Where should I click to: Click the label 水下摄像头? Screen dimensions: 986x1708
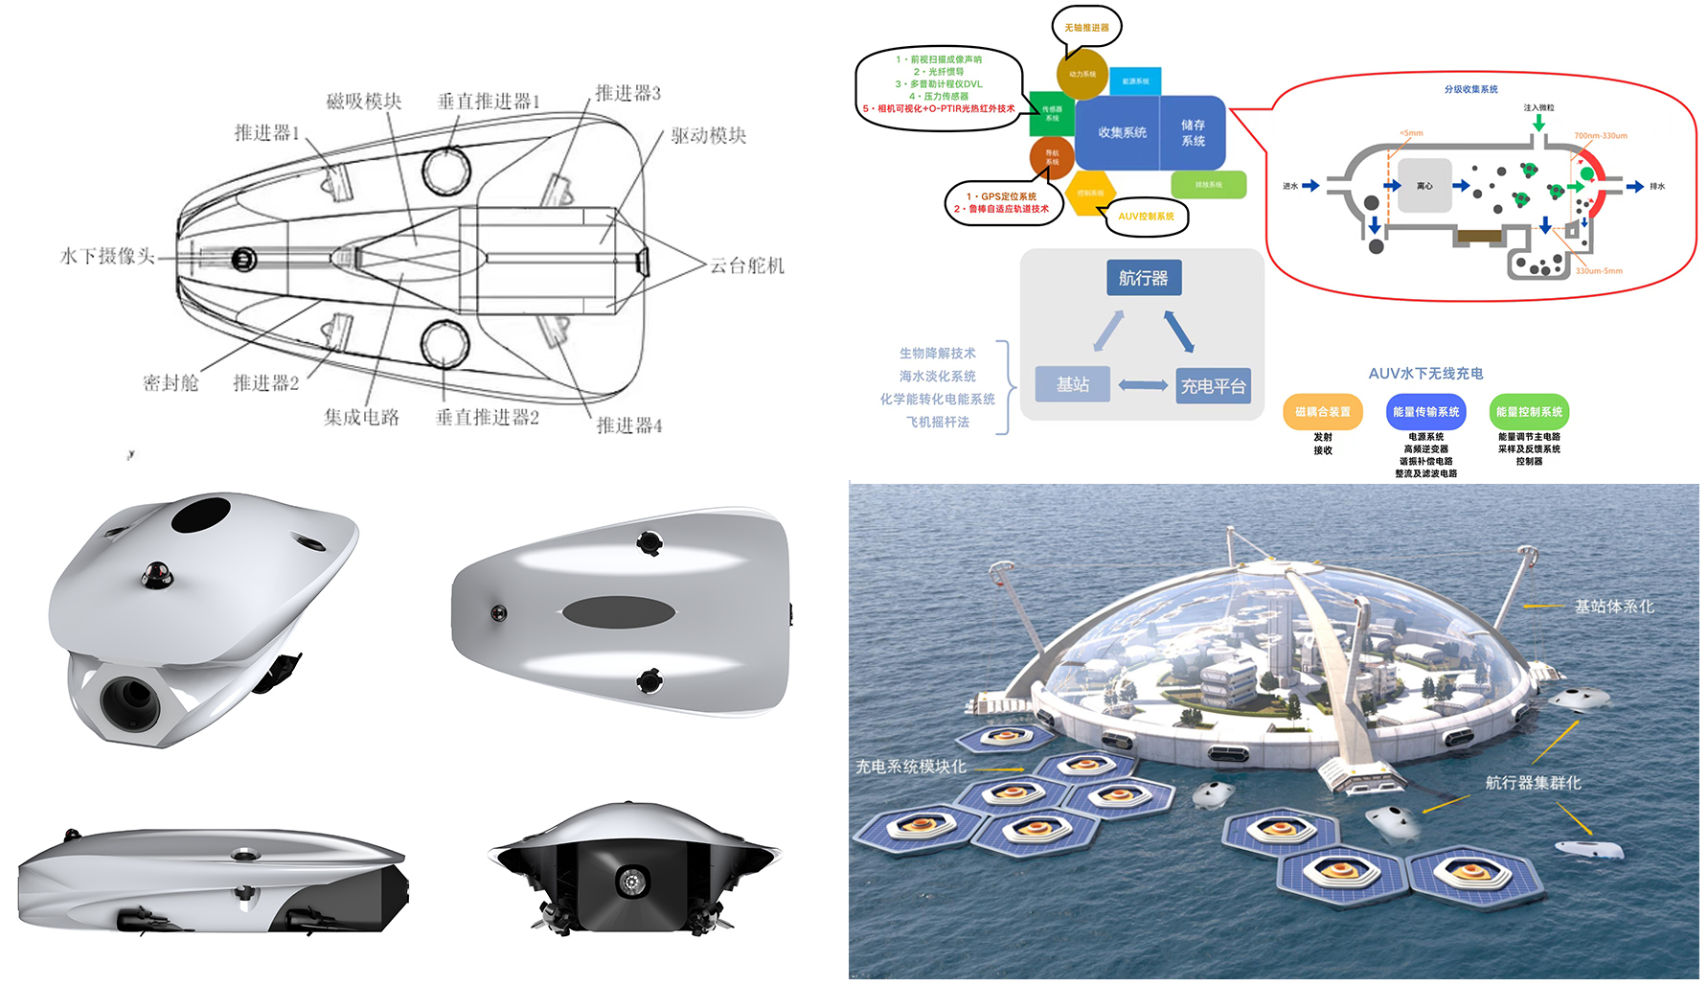click(107, 256)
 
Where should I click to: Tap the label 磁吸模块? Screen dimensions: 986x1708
click(363, 101)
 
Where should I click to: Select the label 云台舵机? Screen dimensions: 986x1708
click(747, 265)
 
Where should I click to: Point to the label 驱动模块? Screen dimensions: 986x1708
click(708, 135)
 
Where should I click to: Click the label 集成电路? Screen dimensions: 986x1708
click(361, 417)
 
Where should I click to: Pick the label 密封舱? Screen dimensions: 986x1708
click(171, 383)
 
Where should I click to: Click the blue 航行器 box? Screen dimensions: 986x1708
click(1143, 278)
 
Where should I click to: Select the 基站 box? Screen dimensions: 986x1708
click(1072, 384)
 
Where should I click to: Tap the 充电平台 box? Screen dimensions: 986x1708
click(1213, 386)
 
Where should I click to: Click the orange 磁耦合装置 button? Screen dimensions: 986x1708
click(1322, 412)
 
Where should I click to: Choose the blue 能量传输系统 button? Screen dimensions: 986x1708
click(1425, 412)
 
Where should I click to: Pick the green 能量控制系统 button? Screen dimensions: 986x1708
click(1529, 412)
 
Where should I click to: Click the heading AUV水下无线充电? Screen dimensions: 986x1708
click(1425, 374)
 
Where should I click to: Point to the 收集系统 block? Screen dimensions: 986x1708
click(1122, 132)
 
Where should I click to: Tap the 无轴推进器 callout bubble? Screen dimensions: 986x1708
click(1086, 28)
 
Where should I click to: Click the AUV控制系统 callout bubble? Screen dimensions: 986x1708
click(1146, 217)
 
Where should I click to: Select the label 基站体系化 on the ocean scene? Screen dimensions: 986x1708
click(1614, 607)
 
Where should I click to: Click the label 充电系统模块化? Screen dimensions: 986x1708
click(910, 767)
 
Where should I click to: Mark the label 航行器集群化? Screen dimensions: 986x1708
click(1533, 783)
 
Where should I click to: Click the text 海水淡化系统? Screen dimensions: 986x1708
click(937, 377)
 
